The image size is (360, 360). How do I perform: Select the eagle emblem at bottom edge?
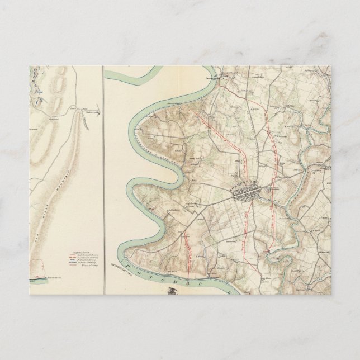point(170,290)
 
